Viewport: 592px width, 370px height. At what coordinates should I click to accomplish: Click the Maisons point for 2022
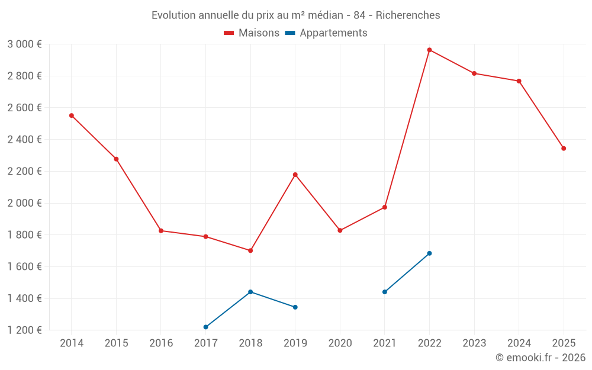tap(429, 50)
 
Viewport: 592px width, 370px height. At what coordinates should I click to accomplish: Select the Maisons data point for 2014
tap(72, 115)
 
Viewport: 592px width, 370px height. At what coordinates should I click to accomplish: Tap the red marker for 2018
tap(250, 250)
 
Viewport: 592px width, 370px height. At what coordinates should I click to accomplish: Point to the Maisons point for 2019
tap(295, 175)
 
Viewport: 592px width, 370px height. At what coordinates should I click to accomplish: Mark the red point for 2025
tap(564, 149)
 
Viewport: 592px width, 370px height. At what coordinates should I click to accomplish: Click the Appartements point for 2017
tap(205, 327)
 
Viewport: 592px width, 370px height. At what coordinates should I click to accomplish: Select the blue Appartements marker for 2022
tap(429, 253)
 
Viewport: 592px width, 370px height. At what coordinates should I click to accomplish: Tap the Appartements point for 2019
tap(295, 307)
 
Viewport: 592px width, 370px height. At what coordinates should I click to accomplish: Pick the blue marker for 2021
tap(385, 292)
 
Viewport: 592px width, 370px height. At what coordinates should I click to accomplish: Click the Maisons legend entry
tap(252, 33)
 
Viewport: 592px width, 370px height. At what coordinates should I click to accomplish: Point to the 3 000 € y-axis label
tap(24, 44)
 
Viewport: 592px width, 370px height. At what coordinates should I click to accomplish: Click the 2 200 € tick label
tap(24, 171)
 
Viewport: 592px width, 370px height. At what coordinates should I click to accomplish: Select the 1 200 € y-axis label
tap(24, 330)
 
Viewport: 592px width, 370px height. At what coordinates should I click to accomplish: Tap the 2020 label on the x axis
tap(340, 343)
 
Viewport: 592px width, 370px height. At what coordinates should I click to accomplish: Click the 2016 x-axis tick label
tap(161, 343)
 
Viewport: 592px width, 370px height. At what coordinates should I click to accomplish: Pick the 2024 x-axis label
tap(519, 343)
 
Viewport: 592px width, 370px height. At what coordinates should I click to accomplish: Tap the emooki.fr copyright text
tap(540, 358)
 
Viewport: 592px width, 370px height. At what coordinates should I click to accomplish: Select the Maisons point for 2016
tap(161, 231)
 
